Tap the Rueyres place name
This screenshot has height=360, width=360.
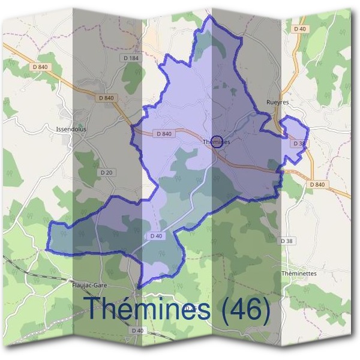277,103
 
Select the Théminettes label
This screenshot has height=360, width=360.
298,273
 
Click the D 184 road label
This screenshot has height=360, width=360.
130,58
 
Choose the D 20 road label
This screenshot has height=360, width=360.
107,172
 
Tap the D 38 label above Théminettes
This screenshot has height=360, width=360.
287,241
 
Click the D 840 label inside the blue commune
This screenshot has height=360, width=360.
163,133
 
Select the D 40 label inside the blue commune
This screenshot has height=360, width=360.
155,236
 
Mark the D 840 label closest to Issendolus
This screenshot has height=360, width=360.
105,98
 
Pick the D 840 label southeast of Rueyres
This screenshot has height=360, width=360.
318,184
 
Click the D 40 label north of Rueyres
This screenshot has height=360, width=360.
300,29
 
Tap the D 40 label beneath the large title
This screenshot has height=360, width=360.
137,331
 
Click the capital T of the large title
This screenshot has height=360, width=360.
93,308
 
